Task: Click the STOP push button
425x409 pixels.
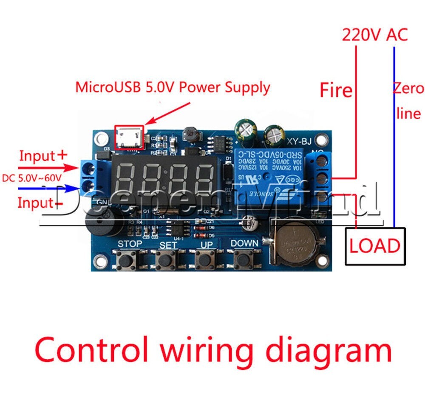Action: tap(126, 258)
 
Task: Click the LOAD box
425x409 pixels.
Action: tap(375, 246)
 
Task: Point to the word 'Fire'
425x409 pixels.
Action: tap(336, 90)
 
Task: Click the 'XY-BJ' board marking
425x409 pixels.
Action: tap(303, 143)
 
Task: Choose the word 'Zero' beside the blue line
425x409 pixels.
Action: tap(408, 89)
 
